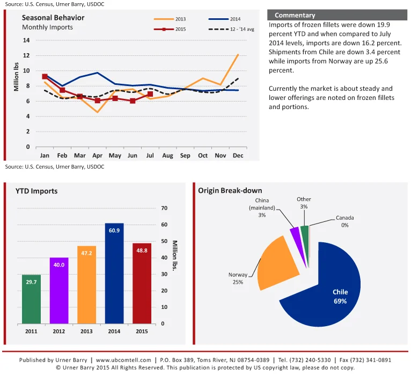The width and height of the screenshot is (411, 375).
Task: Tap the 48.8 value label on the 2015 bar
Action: tap(142, 250)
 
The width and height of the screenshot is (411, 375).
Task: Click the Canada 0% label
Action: tap(345, 221)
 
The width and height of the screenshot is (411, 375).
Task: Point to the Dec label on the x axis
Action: tap(238, 156)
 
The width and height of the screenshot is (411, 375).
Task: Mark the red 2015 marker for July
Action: tap(150, 94)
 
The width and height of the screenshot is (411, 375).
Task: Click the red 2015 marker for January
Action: tap(45, 76)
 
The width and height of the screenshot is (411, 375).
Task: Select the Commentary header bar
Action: tap(337, 15)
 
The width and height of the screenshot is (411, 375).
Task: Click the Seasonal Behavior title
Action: tap(53, 18)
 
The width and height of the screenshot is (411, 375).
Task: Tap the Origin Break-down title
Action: tap(230, 190)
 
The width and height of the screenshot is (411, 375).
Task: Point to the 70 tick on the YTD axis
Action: tap(164, 208)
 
